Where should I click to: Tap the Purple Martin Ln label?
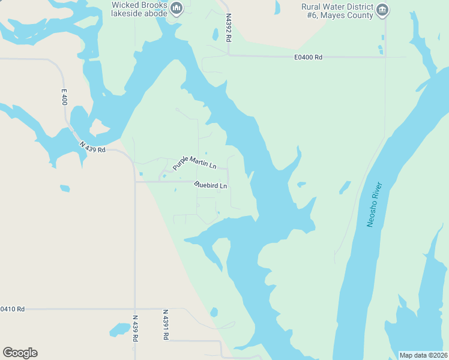tap(194, 162)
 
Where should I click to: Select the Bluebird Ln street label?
tap(211, 185)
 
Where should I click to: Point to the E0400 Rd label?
tap(309, 58)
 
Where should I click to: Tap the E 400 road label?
tap(64, 97)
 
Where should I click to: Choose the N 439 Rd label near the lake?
tap(92, 146)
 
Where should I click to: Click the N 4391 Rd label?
tap(165, 325)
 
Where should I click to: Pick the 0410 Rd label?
tap(12, 309)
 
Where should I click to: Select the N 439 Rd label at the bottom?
tap(134, 329)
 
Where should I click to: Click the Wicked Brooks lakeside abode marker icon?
tap(176, 8)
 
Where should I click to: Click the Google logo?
tap(20, 353)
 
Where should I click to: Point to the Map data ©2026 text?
tap(423, 355)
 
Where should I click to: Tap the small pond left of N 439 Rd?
tap(119, 329)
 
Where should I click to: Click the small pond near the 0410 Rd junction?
tap(214, 313)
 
